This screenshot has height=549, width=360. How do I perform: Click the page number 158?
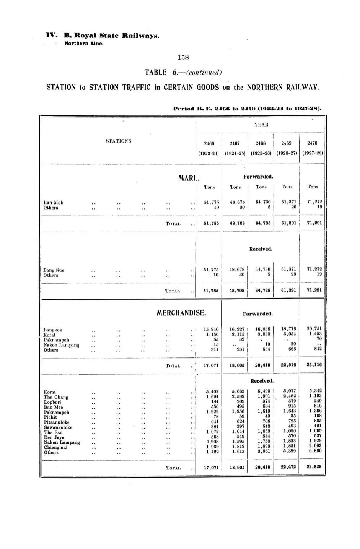[x=183, y=57]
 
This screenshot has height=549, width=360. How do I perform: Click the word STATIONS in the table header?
[x=118, y=141]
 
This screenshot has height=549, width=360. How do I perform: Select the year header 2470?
[x=312, y=143]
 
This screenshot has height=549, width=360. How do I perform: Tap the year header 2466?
[x=209, y=143]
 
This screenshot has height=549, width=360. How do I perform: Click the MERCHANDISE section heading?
[x=181, y=313]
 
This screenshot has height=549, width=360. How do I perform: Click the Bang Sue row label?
[x=54, y=270]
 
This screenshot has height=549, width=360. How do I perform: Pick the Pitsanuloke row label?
[x=57, y=422]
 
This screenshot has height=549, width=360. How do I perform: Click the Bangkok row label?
[x=53, y=330]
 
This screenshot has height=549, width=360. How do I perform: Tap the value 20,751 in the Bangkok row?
[x=314, y=329]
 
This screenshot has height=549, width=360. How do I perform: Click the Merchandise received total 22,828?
[x=314, y=467]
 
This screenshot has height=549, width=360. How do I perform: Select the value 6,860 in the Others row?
[x=315, y=451]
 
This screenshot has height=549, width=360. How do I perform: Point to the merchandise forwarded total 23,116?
[x=314, y=365]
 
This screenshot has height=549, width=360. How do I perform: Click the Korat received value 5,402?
[x=212, y=391]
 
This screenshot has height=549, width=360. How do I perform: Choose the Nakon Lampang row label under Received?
[x=62, y=442]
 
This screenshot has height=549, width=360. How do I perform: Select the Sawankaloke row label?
[x=58, y=427]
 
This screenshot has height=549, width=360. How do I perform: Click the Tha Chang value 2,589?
[x=238, y=396]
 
